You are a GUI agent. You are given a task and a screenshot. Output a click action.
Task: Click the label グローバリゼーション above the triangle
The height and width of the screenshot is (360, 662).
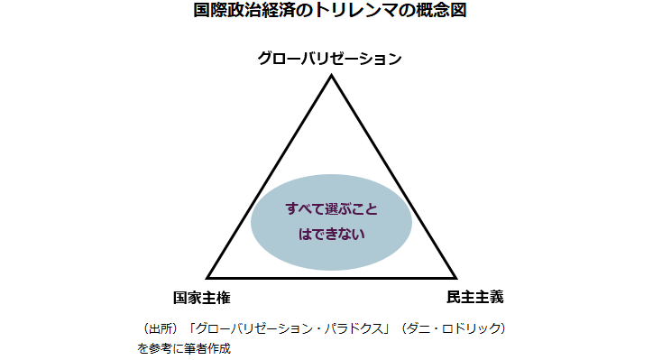pos(330,58)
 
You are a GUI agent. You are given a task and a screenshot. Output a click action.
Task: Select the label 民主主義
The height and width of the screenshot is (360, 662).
pos(474,296)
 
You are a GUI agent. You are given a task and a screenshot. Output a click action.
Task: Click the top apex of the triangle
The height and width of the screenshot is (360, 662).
pos(331,76)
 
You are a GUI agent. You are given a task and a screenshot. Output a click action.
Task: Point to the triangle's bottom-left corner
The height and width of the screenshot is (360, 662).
pos(208,277)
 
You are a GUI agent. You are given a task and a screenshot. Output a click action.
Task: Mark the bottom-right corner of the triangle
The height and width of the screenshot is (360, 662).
pos(455,277)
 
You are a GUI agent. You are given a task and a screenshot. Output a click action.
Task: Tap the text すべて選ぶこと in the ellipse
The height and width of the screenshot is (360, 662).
pos(331,208)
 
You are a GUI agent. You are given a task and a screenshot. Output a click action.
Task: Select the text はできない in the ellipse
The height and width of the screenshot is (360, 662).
pos(331,234)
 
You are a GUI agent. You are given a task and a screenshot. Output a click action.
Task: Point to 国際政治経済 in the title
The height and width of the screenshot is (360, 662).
pos(237,12)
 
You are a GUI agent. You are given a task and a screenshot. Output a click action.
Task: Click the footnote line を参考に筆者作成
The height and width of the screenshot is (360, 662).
pos(184,347)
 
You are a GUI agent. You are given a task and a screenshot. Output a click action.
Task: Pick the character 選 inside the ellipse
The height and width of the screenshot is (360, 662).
pos(334,208)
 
